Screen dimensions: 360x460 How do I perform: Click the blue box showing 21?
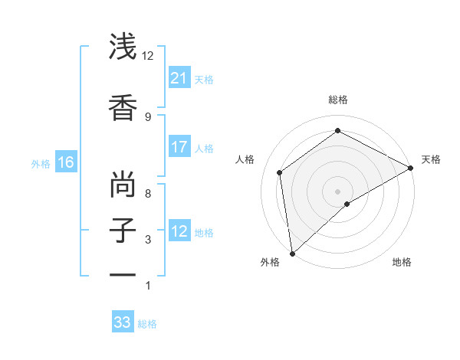(x=179, y=78)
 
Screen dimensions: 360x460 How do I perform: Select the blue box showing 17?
(x=179, y=147)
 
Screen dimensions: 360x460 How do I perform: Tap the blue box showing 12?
(x=179, y=231)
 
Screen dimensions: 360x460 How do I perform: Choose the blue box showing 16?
(x=65, y=162)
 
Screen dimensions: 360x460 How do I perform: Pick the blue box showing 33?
(x=123, y=322)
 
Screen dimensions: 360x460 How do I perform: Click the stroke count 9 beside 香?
(x=148, y=116)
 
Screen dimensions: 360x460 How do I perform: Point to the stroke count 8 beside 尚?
(x=148, y=194)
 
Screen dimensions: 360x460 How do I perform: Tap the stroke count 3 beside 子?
(x=148, y=240)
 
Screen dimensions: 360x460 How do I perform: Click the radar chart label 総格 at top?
(x=338, y=100)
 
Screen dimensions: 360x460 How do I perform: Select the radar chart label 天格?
(x=431, y=159)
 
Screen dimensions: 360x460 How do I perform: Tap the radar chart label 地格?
(x=402, y=262)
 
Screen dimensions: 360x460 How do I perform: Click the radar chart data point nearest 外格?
(x=291, y=254)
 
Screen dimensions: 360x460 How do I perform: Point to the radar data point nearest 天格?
(x=411, y=168)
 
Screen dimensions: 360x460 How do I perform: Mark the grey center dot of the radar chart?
(x=337, y=190)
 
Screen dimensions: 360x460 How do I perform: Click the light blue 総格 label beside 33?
(x=147, y=324)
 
